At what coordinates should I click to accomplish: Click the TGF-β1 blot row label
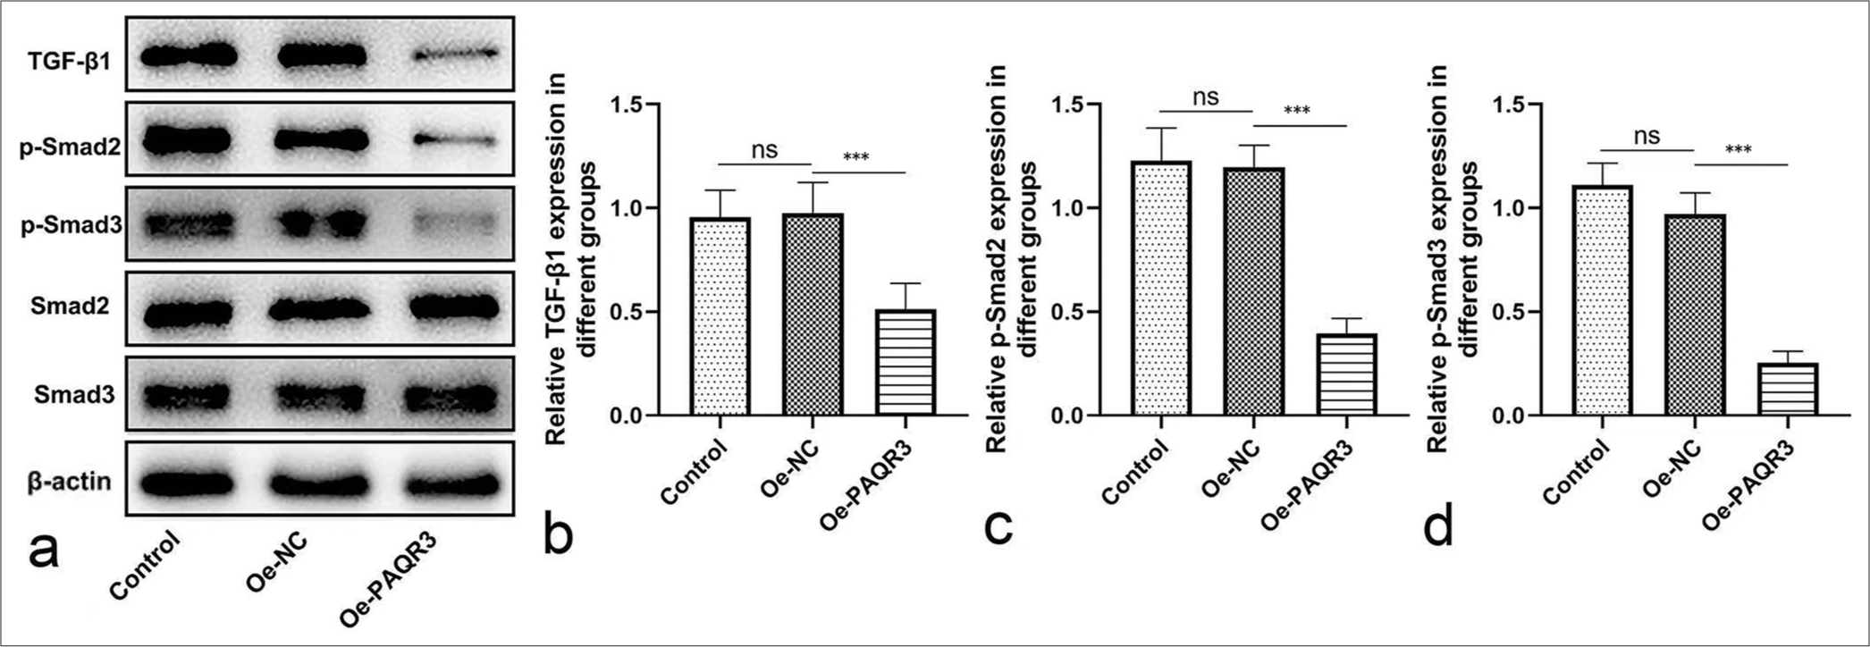[68, 61]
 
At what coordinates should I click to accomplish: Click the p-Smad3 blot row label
[72, 224]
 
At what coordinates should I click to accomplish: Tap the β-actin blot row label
[70, 483]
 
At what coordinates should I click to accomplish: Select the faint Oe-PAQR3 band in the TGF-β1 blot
[454, 55]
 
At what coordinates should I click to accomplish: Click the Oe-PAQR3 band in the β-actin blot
[454, 483]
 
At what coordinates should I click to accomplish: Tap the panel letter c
[998, 528]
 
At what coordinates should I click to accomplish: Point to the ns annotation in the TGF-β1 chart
[764, 149]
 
